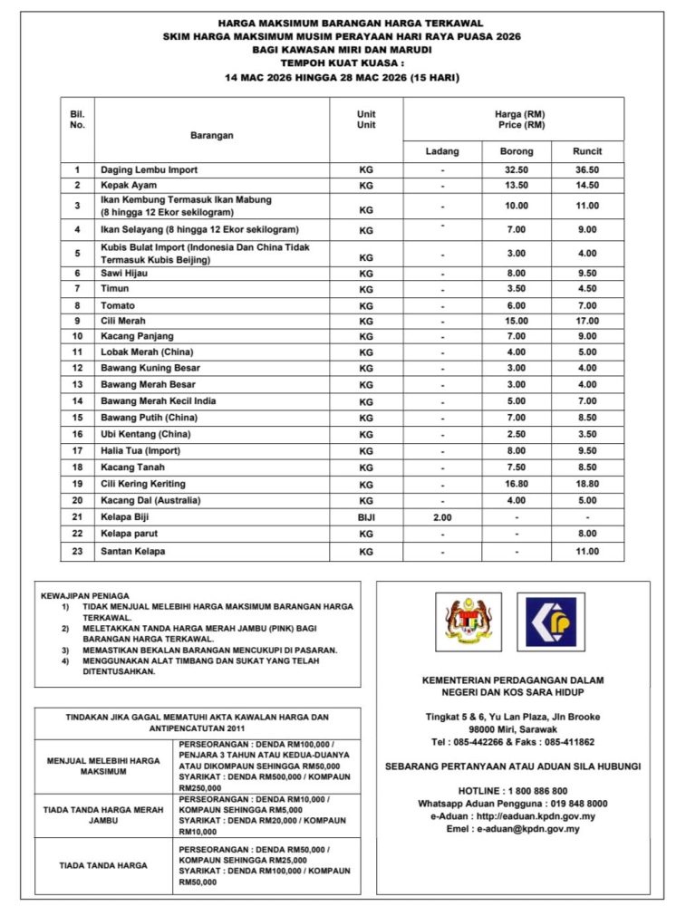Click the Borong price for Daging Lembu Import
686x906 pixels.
(x=517, y=169)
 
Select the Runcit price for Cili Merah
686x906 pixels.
(x=586, y=321)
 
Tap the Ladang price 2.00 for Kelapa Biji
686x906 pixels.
(x=442, y=517)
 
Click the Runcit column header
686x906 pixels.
(x=586, y=151)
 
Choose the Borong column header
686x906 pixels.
(x=517, y=151)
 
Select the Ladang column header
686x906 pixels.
(x=442, y=151)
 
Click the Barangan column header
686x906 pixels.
(x=211, y=135)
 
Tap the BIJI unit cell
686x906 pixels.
(x=366, y=517)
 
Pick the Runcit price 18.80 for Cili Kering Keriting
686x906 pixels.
(x=586, y=485)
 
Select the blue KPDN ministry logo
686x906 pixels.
(x=551, y=622)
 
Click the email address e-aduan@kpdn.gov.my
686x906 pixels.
(x=528, y=828)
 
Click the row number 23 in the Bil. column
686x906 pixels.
(x=77, y=551)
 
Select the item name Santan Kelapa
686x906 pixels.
(x=132, y=551)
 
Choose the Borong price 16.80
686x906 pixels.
(x=517, y=485)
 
